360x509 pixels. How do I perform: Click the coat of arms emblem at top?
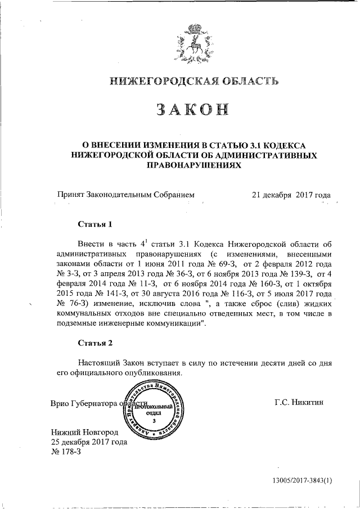pos(195,43)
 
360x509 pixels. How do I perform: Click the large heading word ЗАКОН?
pos(194,111)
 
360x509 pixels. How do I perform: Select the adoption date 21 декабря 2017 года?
pos(291,195)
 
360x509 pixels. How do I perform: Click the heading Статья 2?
pos(96,342)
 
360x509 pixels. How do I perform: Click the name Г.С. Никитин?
pos(299,403)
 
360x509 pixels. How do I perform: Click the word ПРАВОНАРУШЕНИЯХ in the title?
pos(194,166)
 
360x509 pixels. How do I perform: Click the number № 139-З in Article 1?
pos(293,273)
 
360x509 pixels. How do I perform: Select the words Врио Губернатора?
pos(83,404)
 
